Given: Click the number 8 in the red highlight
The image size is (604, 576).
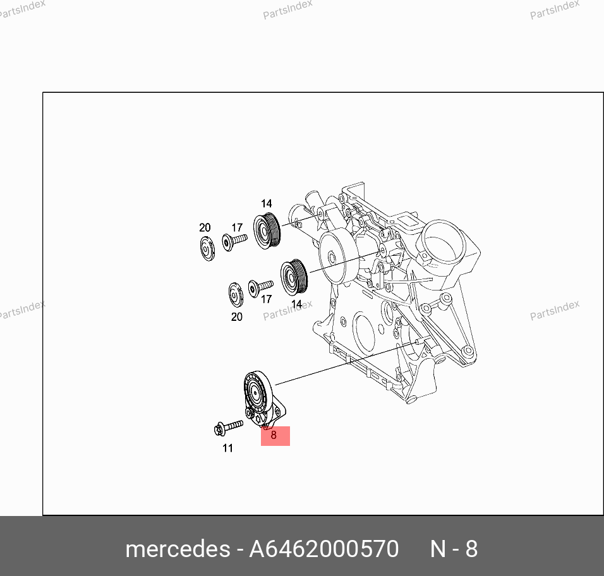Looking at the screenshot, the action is click(274, 435).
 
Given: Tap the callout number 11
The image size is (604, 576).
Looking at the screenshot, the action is click(227, 448).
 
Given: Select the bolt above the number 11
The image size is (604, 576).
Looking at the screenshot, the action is click(228, 428).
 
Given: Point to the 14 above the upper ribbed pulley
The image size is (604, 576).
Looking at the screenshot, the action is click(267, 203).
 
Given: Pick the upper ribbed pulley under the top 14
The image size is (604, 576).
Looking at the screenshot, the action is click(267, 231).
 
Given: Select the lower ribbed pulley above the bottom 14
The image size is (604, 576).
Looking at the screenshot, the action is click(294, 277).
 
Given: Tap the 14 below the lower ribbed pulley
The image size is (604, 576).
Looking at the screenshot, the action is click(296, 304).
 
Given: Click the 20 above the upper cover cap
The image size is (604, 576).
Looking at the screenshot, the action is click(205, 227).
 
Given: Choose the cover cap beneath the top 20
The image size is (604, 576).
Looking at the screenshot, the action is click(208, 249).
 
